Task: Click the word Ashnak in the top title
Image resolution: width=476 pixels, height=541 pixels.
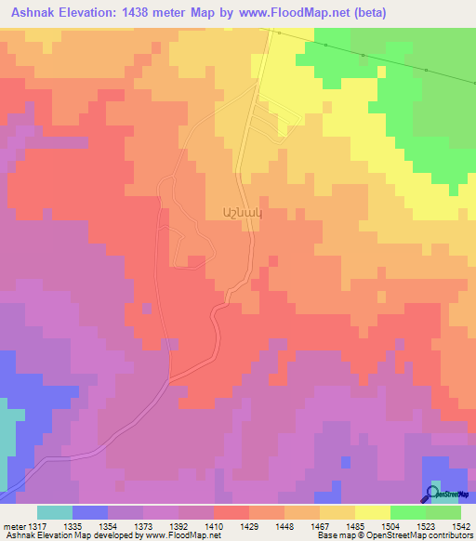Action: (x=36, y=12)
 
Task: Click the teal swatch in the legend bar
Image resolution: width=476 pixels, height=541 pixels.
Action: (x=55, y=512)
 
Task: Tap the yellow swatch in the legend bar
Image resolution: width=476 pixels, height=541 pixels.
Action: (x=372, y=512)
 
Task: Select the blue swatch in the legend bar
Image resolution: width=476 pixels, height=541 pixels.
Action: (x=90, y=512)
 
